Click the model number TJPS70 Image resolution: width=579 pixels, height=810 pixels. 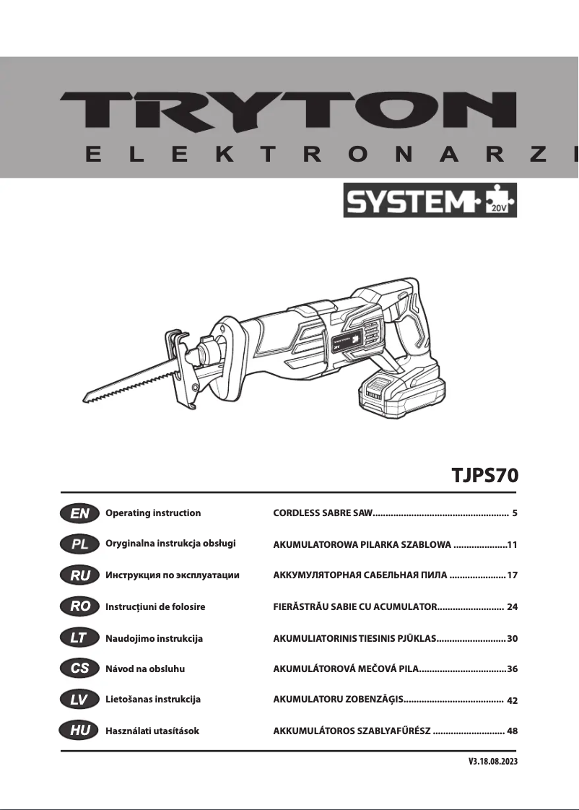pyautogui.click(x=484, y=476)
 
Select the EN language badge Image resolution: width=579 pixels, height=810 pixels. pyautogui.click(x=80, y=513)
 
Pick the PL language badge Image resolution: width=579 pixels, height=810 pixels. pyautogui.click(x=80, y=544)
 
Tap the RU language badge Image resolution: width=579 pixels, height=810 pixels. pyautogui.click(x=80, y=575)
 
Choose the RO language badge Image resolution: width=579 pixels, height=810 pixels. pyautogui.click(x=80, y=607)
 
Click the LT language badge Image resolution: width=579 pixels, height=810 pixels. pyautogui.click(x=80, y=639)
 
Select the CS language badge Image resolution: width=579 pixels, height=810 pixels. pyautogui.click(x=80, y=669)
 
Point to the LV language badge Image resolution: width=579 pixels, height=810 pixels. pyautogui.click(x=80, y=700)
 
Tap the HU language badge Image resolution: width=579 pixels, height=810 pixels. pyautogui.click(x=80, y=731)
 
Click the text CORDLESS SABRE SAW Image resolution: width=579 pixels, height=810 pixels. pyautogui.click(x=322, y=513)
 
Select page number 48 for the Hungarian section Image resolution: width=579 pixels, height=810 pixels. pyautogui.click(x=512, y=731)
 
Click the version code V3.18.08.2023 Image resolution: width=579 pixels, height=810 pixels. pyautogui.click(x=493, y=762)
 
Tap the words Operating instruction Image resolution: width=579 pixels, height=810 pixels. pyautogui.click(x=153, y=513)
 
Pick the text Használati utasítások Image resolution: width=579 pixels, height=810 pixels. pyautogui.click(x=152, y=731)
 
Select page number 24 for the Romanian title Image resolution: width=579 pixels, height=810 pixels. pyautogui.click(x=512, y=607)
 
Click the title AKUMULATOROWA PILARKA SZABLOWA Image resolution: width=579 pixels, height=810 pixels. pyautogui.click(x=362, y=544)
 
